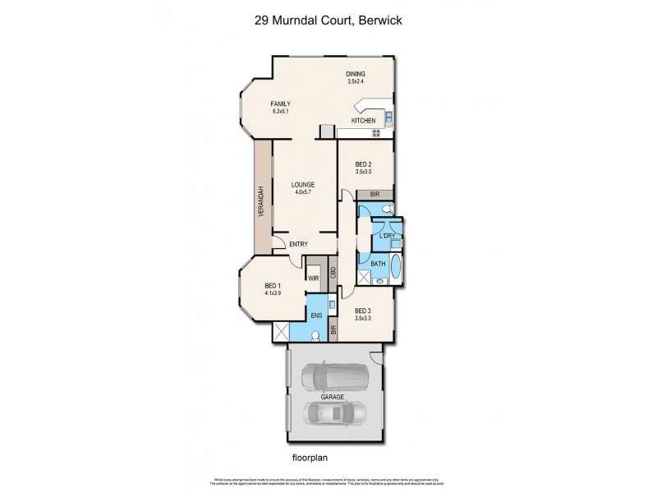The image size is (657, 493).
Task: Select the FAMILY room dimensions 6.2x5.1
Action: [281, 111]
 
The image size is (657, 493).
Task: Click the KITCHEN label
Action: [363, 122]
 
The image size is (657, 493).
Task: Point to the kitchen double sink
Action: [390, 116]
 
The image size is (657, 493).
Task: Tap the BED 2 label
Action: [364, 164]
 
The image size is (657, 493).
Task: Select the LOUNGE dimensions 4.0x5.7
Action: [304, 192]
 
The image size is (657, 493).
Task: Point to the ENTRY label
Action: [298, 244]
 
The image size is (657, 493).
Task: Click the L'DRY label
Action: [387, 236]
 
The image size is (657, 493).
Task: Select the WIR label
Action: [313, 279]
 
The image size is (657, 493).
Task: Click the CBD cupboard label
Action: [333, 274]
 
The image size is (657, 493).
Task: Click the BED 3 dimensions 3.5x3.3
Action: [363, 318]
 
